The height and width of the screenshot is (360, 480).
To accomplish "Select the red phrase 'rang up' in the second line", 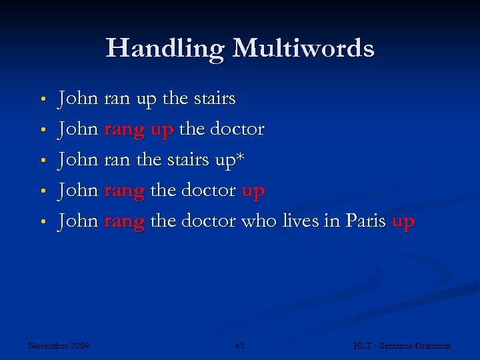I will click(139, 129).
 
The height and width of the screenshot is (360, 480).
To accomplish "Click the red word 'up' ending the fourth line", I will click(253, 191).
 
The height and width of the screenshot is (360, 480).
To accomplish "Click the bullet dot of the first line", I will click(42, 100).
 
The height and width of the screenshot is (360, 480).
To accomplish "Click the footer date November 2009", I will click(59, 345).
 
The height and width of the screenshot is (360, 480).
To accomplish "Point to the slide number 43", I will click(240, 345).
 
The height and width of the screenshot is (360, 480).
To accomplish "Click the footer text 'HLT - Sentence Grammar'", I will click(402, 345).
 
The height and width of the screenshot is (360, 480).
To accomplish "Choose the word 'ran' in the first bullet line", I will click(117, 99).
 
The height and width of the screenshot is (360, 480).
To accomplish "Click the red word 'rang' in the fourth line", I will click(125, 191).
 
